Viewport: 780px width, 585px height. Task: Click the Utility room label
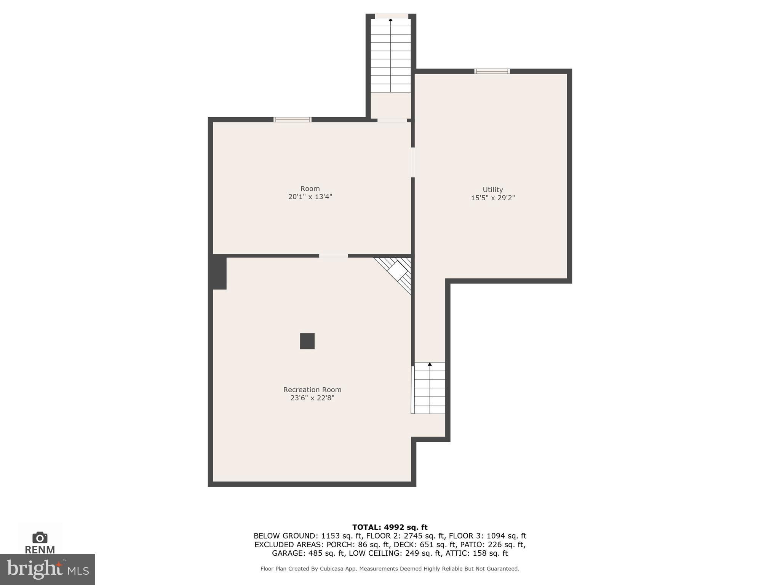(492, 190)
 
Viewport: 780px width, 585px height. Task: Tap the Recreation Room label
(312, 390)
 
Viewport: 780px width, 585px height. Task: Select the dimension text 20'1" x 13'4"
(310, 197)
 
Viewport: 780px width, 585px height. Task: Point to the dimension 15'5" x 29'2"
(492, 198)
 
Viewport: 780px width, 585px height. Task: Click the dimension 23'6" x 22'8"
(312, 398)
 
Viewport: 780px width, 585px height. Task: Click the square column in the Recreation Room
(307, 341)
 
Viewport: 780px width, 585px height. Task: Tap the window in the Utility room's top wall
(492, 71)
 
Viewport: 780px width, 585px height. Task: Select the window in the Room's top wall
(292, 120)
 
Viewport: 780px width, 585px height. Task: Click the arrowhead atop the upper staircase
(390, 20)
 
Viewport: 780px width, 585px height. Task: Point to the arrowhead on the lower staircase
(430, 364)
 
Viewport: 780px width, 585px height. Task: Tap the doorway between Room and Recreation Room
(333, 256)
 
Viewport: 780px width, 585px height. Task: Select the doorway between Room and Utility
(413, 162)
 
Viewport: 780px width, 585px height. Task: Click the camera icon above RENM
(40, 537)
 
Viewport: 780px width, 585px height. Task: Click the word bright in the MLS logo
(34, 569)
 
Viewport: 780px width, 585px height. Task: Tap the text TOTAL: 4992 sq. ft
(390, 527)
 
